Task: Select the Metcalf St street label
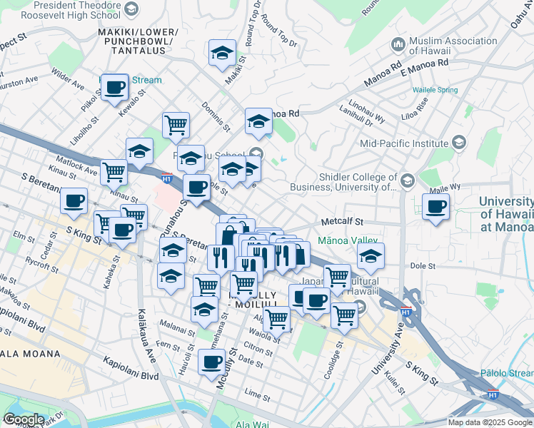(x=343, y=222)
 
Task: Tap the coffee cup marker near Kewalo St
(x=114, y=88)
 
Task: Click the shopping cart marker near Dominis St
(x=176, y=126)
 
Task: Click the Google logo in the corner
(x=24, y=419)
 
